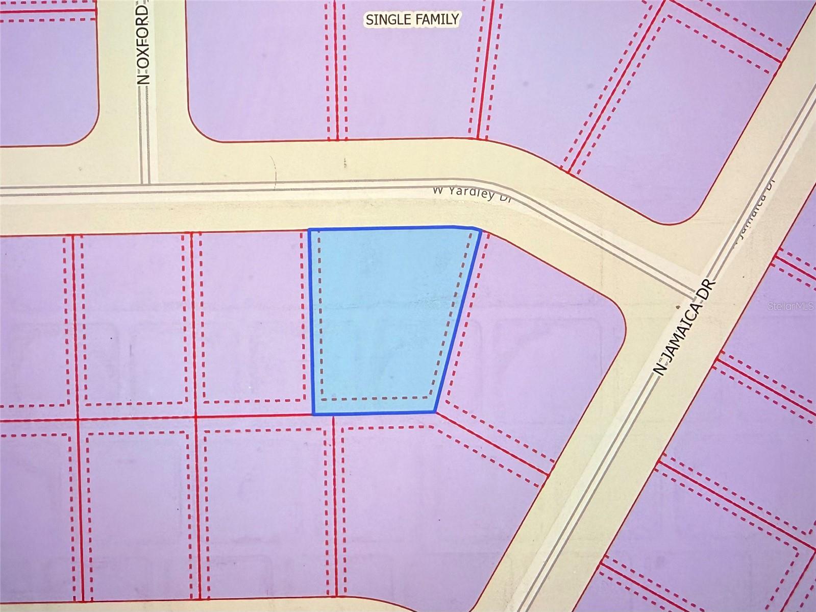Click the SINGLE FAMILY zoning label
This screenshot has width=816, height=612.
412,19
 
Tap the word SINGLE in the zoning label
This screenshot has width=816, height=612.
387,19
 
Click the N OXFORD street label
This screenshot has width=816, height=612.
144,45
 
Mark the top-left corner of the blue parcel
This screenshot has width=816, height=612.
310,230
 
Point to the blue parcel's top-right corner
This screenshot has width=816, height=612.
480,231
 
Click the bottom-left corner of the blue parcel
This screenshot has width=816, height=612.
313,413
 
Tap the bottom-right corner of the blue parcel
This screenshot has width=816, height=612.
435,411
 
